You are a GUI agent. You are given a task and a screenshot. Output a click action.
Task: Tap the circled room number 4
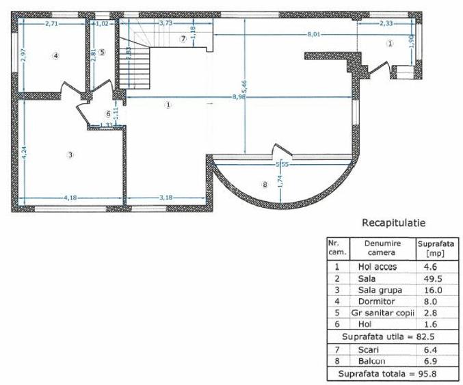(x=56, y=55)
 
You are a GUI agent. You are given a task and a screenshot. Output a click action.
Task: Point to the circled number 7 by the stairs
(x=183, y=39)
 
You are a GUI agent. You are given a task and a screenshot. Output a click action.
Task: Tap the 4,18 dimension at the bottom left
(x=70, y=198)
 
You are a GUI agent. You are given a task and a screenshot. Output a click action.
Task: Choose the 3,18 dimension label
(x=165, y=198)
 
